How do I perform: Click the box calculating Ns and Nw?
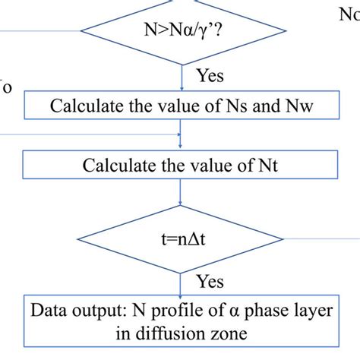coord(182,105)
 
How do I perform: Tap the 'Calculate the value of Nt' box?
coord(182,164)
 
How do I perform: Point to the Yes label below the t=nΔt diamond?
coord(210,281)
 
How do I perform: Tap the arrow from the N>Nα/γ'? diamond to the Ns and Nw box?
coord(182,78)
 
